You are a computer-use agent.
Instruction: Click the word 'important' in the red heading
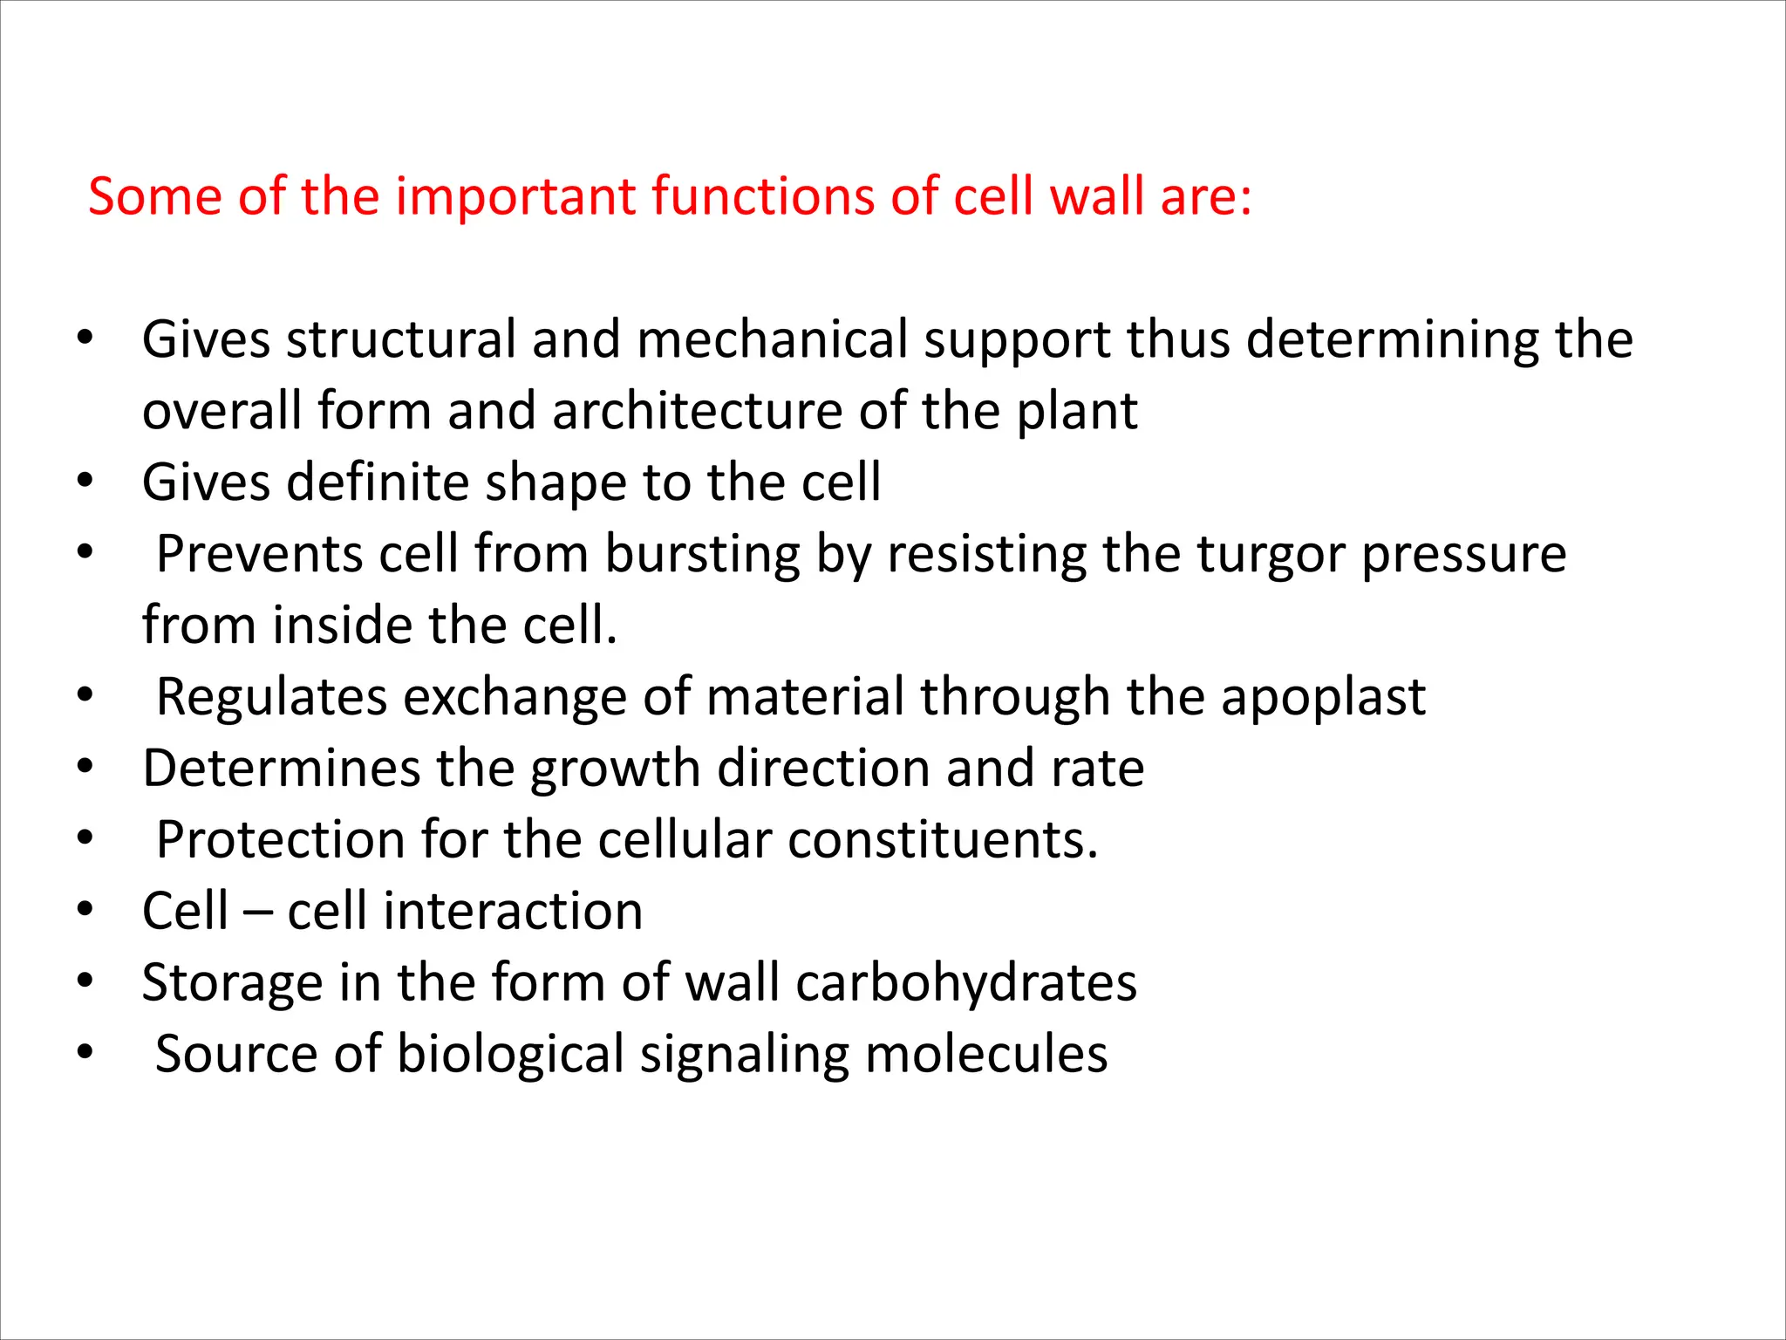(515, 197)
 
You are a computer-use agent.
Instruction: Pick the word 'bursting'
(702, 555)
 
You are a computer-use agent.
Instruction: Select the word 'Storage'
(232, 984)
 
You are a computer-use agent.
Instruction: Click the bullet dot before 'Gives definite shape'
(84, 481)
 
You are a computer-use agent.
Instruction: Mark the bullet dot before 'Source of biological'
(84, 1053)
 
